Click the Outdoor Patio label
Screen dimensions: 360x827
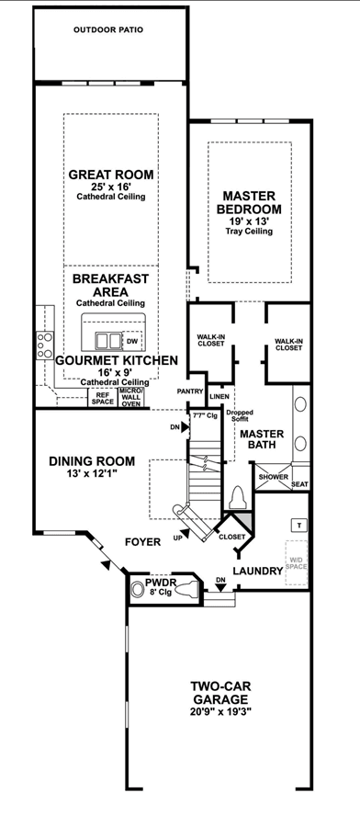[x=108, y=30]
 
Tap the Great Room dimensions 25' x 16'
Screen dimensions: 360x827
[x=111, y=187]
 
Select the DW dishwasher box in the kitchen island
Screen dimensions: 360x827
[x=131, y=341]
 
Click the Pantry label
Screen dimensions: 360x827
[x=190, y=391]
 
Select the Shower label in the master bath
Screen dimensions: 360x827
[x=273, y=477]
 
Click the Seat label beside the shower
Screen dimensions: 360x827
[x=300, y=484]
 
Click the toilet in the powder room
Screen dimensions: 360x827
[x=188, y=587]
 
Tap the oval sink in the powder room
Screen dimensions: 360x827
[x=138, y=589]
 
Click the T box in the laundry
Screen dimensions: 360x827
[x=299, y=525]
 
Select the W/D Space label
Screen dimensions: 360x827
[x=296, y=562]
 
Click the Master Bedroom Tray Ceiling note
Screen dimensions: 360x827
[x=249, y=231]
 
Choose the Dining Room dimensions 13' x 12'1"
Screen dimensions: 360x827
[x=92, y=473]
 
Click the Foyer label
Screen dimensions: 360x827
[x=143, y=542]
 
